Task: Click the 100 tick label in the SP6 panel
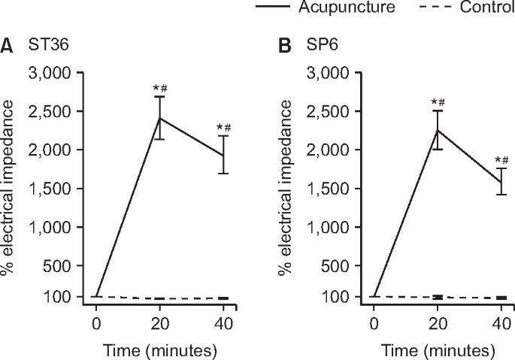(336, 297)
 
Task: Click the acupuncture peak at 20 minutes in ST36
(160, 118)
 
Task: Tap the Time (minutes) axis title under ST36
(160, 349)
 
